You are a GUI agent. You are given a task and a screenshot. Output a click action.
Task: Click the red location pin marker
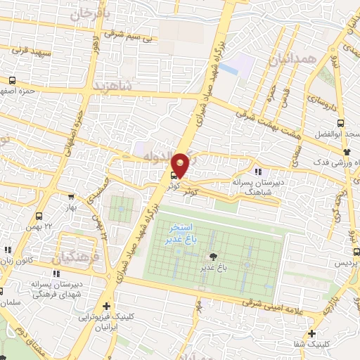click(x=180, y=164)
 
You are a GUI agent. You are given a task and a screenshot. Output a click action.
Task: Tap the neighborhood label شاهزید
click(x=111, y=86)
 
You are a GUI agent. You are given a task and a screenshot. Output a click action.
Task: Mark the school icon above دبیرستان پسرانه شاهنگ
click(x=258, y=171)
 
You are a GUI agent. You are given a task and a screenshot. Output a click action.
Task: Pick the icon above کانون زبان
click(x=8, y=250)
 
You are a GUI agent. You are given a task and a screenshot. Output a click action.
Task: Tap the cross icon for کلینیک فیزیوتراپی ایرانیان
click(x=106, y=306)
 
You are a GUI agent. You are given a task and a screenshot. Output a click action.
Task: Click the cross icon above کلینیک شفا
click(x=311, y=333)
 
